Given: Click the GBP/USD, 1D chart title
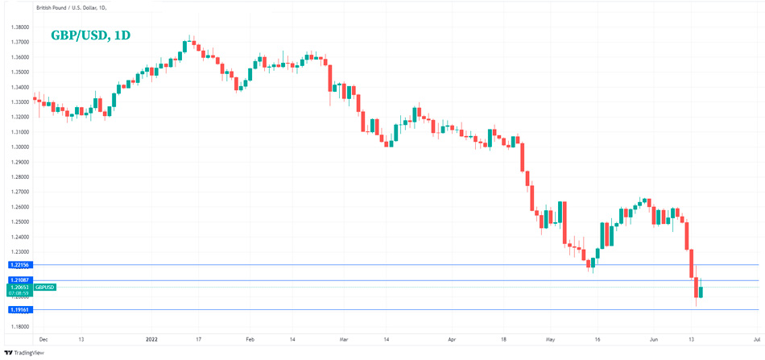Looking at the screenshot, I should pyautogui.click(x=90, y=35).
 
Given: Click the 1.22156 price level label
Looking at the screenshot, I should pyautogui.click(x=18, y=265).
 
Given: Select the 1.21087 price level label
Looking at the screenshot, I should pyautogui.click(x=18, y=279).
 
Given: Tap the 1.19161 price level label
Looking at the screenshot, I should pyautogui.click(x=18, y=309).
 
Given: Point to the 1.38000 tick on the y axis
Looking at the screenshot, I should pyautogui.click(x=19, y=27).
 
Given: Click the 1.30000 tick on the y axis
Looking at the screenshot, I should pyautogui.click(x=19, y=147).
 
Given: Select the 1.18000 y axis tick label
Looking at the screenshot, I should pyautogui.click(x=19, y=325).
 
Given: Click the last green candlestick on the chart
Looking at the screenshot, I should pyautogui.click(x=701, y=292).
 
